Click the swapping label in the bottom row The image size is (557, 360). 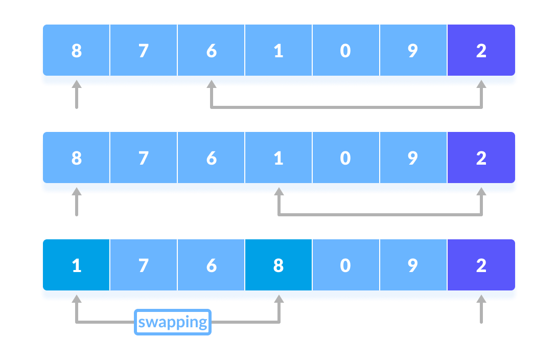173,322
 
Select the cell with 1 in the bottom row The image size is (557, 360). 77,265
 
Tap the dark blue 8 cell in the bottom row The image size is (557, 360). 278,265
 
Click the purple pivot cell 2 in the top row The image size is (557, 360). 481,51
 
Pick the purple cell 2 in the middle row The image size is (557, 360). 481,158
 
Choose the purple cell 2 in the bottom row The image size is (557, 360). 481,265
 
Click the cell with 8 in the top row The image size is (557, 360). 77,51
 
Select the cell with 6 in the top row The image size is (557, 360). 211,51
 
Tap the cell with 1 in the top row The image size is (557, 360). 278,51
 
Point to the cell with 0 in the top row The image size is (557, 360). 346,51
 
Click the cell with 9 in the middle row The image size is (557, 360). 413,158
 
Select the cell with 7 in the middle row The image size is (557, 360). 144,158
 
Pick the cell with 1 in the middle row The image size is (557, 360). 278,158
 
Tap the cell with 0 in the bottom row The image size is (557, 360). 346,265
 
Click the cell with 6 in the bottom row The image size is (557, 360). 211,265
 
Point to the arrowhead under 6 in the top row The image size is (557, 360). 211,83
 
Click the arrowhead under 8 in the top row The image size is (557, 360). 77,83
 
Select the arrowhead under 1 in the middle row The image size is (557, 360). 278,191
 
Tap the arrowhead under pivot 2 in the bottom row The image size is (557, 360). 481,298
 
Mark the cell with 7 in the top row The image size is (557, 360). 144,51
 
